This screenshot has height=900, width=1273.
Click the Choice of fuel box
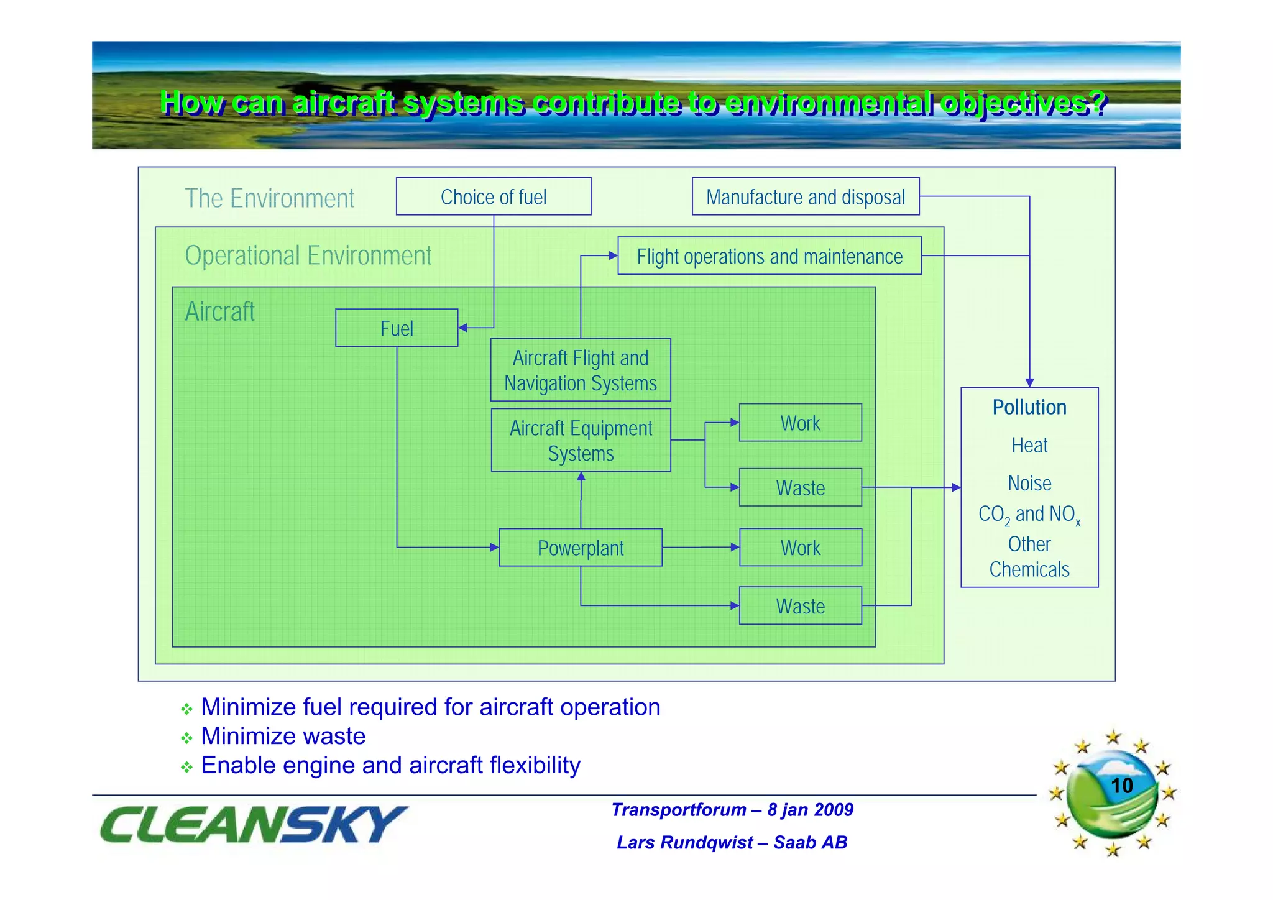(x=493, y=196)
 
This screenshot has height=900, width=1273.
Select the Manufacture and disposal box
(x=805, y=196)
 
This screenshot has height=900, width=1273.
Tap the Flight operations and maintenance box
(x=769, y=255)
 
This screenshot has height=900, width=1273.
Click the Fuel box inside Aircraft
(x=397, y=328)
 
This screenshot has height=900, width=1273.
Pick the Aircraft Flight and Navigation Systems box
(x=580, y=370)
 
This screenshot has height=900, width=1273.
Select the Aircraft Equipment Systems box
(x=581, y=440)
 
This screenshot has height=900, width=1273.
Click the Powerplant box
(x=580, y=548)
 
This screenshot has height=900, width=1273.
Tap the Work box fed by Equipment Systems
(x=800, y=423)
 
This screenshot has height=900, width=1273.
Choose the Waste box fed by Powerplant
(x=800, y=605)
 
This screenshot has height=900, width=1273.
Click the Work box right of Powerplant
(x=800, y=548)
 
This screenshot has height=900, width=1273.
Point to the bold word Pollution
(x=1029, y=407)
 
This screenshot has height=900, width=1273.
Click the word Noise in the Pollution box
(x=1029, y=483)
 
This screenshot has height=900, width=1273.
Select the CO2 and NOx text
(x=1029, y=515)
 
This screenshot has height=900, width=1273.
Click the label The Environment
(x=269, y=198)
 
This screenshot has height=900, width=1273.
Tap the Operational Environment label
(x=308, y=255)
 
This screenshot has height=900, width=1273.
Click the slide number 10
(x=1121, y=785)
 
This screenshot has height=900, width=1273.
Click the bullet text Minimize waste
(x=283, y=736)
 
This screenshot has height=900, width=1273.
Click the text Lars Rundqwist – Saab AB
(x=732, y=842)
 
